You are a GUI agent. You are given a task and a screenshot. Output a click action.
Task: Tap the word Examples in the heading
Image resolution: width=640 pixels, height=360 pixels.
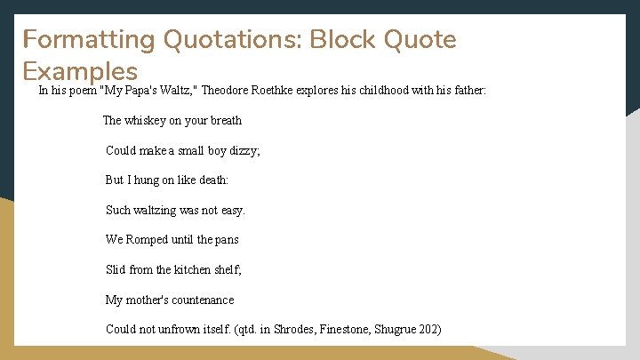point(80,71)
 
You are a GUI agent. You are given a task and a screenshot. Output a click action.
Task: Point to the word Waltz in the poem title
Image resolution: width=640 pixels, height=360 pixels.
point(170,91)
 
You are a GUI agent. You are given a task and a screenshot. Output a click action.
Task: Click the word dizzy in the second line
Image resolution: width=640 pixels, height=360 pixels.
point(243,150)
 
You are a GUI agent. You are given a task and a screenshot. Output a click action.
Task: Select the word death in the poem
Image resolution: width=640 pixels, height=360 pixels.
point(213,180)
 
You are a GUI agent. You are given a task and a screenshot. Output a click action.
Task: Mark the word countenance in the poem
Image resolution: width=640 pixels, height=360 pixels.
point(203,300)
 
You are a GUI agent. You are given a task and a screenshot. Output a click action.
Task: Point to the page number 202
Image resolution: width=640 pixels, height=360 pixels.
point(429,329)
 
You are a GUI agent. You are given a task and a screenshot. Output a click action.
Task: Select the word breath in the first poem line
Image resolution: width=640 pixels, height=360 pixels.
point(226,120)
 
